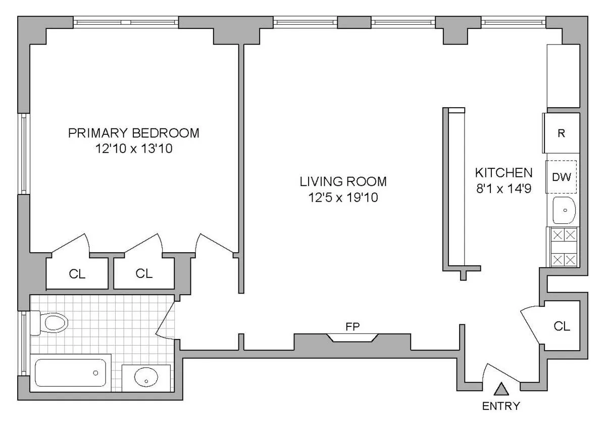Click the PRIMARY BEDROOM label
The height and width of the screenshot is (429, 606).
click(x=134, y=133)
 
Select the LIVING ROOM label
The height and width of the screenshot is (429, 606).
click(x=343, y=181)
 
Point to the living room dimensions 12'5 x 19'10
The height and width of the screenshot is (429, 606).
click(x=343, y=197)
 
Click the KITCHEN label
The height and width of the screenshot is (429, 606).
click(x=503, y=172)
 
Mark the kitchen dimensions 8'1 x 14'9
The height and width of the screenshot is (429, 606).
click(x=503, y=188)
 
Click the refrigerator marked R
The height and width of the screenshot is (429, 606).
click(x=561, y=133)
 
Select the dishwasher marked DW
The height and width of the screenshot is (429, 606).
click(x=561, y=177)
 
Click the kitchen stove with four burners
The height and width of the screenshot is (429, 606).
click(x=564, y=247)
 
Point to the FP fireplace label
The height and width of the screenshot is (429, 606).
click(x=352, y=326)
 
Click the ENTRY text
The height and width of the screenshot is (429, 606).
click(x=500, y=406)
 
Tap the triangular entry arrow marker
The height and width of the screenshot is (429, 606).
click(x=500, y=389)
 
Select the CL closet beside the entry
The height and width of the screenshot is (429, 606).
click(x=562, y=326)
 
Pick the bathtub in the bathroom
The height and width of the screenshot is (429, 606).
click(x=71, y=372)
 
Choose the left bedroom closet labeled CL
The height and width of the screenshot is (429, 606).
click(x=77, y=274)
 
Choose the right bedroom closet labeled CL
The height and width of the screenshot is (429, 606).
click(x=144, y=273)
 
